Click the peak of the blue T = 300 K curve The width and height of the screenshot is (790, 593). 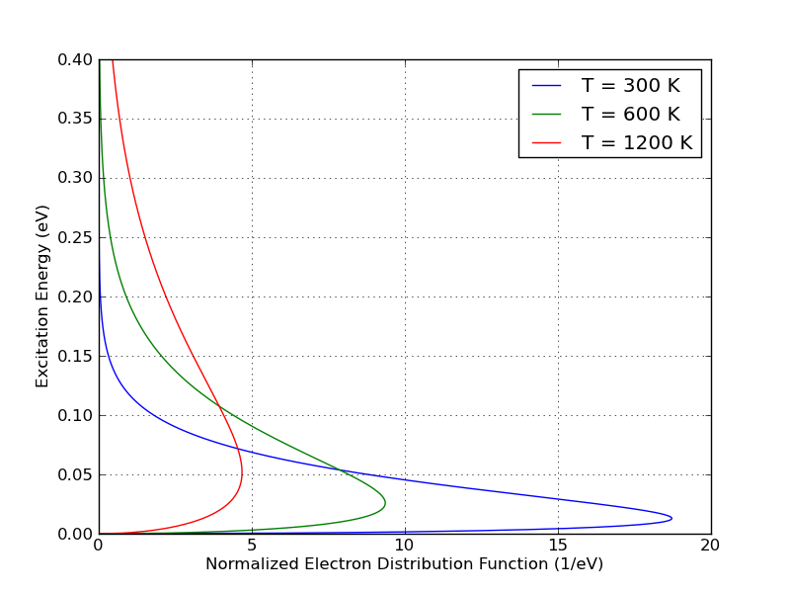click(x=672, y=518)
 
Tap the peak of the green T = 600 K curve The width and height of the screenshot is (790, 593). click(x=385, y=503)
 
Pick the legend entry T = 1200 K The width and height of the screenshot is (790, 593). click(x=636, y=142)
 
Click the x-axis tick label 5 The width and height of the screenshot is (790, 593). click(x=252, y=545)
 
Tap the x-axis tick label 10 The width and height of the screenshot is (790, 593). click(x=405, y=545)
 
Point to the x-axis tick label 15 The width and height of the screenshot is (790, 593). click(x=558, y=545)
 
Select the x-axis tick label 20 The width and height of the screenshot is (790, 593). click(x=710, y=545)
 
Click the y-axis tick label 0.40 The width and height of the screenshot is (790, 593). click(x=75, y=60)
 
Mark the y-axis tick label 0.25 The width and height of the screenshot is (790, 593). click(x=75, y=238)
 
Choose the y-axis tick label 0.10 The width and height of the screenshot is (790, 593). click(x=75, y=416)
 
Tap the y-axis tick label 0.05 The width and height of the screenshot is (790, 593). click(x=75, y=475)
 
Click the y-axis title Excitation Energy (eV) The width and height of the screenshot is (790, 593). click(x=42, y=296)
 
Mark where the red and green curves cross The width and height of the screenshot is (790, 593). click(x=218, y=406)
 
